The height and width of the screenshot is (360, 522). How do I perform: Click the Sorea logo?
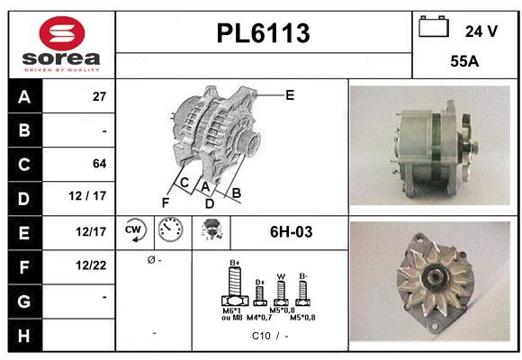coord(61,45)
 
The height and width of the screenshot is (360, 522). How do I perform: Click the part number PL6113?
coord(264,34)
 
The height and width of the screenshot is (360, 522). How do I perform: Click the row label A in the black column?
coord(23,96)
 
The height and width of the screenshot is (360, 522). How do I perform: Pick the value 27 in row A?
coord(99,97)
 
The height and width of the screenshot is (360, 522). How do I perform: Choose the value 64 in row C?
coord(99,164)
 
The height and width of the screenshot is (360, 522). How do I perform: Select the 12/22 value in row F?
coord(92,265)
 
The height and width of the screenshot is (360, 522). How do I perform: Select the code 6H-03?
coord(291,232)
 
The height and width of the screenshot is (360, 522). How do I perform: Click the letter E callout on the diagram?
coord(290,94)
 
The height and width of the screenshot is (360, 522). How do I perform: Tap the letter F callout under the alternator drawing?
coord(166,202)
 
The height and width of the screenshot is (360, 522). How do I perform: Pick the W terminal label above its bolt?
coord(281,276)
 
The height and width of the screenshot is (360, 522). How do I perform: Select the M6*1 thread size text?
coord(232,310)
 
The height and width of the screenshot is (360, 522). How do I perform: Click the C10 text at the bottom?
coord(261,337)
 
